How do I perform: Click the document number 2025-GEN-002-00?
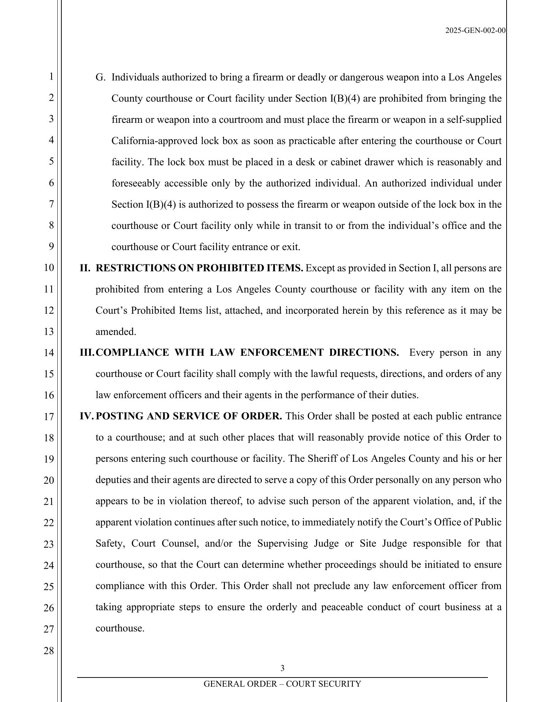pos(475,31)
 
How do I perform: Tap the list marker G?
pos(100,78)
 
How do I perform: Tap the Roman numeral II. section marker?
pos(85,268)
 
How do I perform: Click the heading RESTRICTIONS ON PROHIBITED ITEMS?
pos(199,268)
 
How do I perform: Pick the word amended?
pos(116,332)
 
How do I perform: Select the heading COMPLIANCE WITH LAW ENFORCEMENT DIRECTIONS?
pos(247,353)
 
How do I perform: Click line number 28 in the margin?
pos(49,651)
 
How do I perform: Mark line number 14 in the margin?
pos(49,353)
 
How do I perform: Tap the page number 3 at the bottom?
pos(282,668)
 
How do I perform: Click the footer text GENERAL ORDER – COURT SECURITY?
pos(282,684)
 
